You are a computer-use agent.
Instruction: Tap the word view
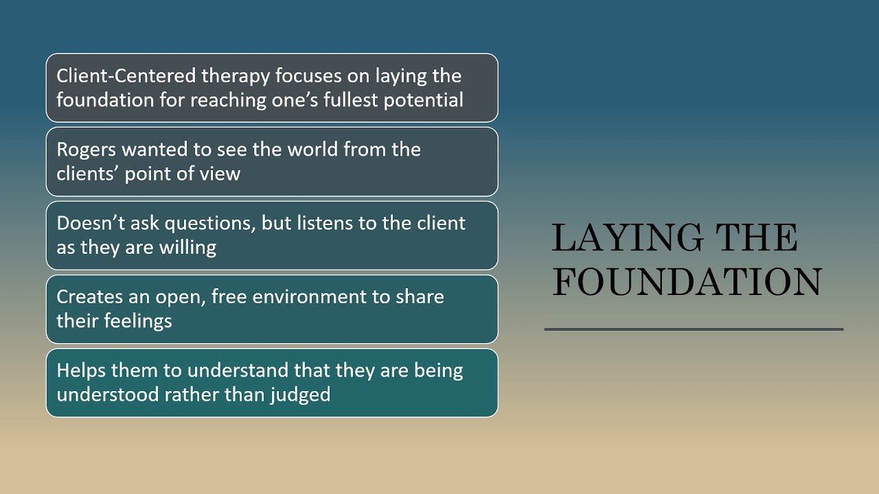(220, 174)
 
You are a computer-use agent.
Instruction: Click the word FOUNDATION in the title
(687, 282)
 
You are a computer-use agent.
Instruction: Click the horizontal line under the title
(694, 329)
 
